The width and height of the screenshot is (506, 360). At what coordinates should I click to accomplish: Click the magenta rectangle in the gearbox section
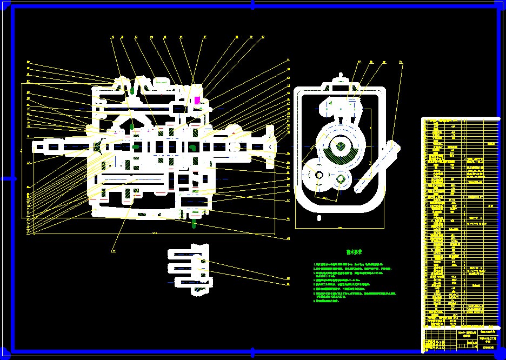(x=197, y=100)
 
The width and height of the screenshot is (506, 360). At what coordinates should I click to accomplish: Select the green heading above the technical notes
(x=354, y=252)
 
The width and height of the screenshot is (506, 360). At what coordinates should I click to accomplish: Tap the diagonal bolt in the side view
(x=378, y=166)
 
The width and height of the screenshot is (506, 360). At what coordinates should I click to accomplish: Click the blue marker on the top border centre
(x=252, y=4)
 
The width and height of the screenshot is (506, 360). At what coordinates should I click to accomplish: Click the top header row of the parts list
(x=460, y=120)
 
